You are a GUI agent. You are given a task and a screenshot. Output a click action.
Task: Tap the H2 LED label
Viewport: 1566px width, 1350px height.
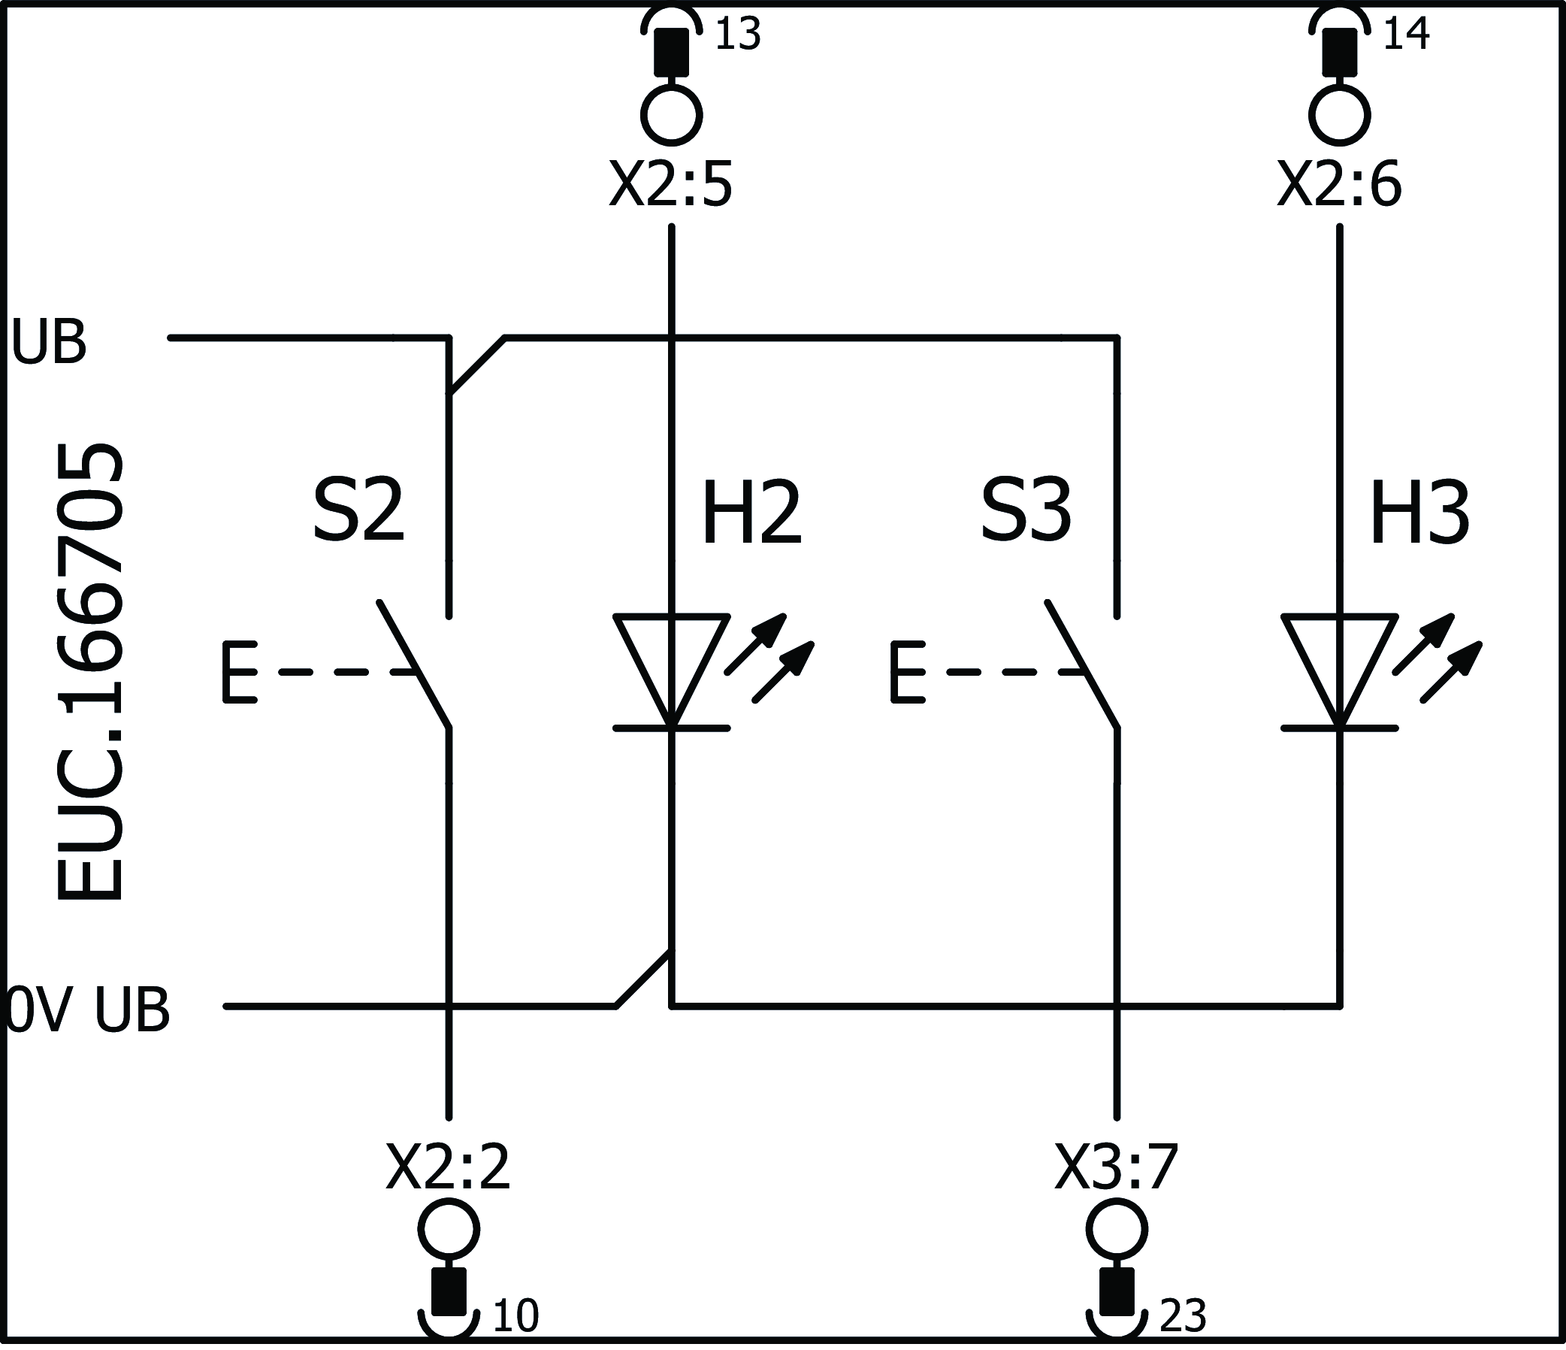[x=751, y=515]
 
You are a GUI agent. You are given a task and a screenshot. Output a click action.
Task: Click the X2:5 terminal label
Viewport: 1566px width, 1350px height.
[x=671, y=185]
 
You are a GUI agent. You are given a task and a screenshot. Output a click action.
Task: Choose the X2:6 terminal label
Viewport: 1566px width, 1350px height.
[x=1339, y=185]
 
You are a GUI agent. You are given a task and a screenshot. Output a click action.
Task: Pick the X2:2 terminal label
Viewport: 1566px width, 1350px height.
[x=448, y=1167]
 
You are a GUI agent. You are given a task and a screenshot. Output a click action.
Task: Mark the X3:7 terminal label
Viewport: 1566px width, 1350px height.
[x=1117, y=1167]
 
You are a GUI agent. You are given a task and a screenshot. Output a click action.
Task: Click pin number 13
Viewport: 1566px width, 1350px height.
[x=737, y=35]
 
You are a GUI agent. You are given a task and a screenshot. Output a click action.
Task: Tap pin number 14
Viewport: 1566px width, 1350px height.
[x=1406, y=35]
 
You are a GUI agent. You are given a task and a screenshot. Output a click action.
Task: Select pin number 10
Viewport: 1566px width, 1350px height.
[x=515, y=1316]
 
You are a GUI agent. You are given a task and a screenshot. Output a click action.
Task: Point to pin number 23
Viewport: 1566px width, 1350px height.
[x=1183, y=1316]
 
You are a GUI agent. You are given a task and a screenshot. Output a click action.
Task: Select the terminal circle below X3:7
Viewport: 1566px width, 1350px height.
[x=1117, y=1230]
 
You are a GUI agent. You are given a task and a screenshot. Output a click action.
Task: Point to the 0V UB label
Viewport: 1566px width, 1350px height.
[x=88, y=1009]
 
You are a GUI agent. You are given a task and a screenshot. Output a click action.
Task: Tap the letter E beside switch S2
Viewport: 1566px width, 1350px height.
[x=240, y=672]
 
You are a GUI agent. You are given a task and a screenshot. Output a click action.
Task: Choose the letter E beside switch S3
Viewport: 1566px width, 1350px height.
[x=907, y=672]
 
